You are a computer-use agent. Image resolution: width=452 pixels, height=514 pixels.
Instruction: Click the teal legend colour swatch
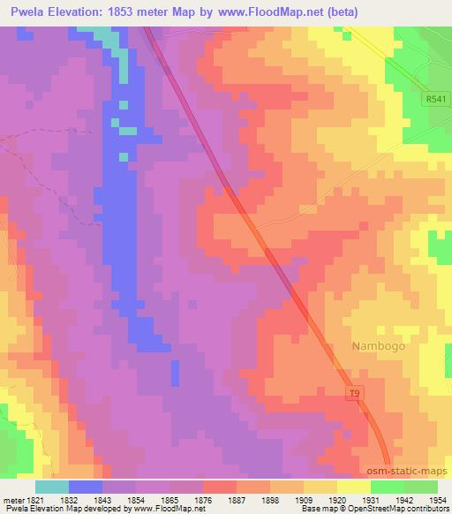pos(52,487)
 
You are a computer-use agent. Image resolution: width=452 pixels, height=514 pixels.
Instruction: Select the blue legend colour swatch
pos(86,487)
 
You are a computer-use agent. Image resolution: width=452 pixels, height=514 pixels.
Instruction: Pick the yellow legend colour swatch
pos(354,487)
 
